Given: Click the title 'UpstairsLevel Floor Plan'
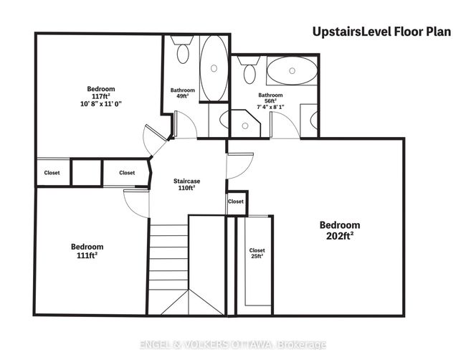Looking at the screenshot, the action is click(381, 32).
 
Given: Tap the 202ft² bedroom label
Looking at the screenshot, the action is click(340, 230).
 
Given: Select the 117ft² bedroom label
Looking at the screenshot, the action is click(101, 96).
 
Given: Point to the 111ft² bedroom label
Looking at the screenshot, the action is click(87, 251).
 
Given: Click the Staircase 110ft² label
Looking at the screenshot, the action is click(186, 184).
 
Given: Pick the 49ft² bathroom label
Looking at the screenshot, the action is click(183, 93).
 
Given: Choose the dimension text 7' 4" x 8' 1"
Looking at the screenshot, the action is click(270, 107).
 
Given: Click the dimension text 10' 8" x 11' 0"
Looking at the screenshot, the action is click(101, 104).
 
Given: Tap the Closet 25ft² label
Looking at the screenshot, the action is click(257, 253).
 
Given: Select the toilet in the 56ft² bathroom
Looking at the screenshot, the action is click(249, 70).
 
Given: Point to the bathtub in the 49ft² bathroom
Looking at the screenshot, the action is click(214, 69).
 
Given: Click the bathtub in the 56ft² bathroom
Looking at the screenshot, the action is click(292, 71).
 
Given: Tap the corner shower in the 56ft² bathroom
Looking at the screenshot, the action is click(245, 123).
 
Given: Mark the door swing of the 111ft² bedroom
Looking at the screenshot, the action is click(135, 203).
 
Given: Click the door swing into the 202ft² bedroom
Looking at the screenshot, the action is click(239, 166).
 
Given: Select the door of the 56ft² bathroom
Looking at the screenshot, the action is click(285, 125).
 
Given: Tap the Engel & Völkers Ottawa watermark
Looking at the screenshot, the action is click(233, 345).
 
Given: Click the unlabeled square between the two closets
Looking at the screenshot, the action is click(87, 173).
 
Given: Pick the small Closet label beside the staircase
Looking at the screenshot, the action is click(236, 202).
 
